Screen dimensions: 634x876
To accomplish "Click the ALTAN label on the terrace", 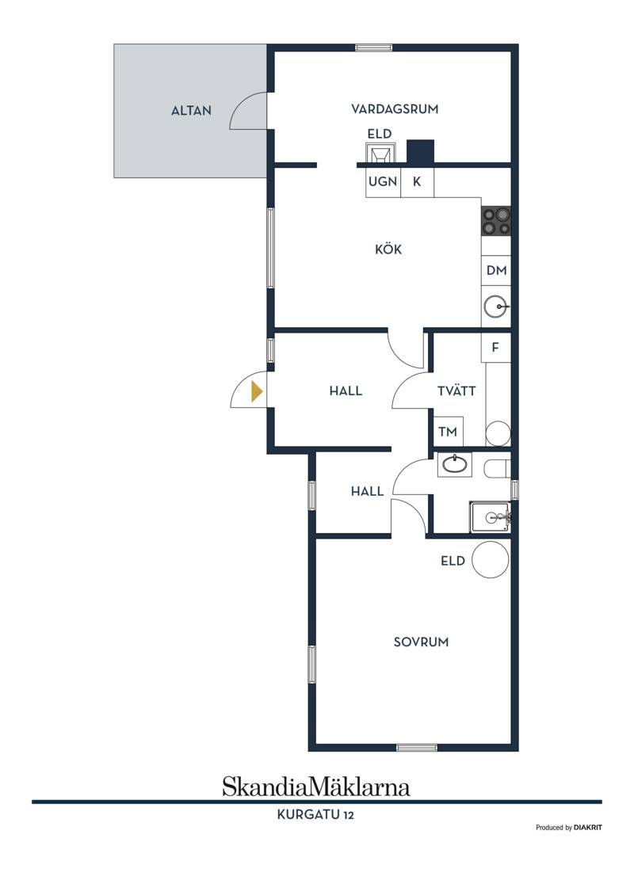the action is (191, 111).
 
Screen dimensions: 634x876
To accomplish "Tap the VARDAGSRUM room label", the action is (395, 109).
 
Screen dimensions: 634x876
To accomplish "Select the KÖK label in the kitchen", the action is (388, 249).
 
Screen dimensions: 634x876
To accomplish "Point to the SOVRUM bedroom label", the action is (421, 642).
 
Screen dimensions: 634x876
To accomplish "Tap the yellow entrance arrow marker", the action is (257, 391).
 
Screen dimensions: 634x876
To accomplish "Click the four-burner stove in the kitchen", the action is (496, 221).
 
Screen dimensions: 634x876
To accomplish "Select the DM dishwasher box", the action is (496, 270).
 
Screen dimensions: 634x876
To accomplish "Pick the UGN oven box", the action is (383, 181).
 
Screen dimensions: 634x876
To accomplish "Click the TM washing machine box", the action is (449, 432).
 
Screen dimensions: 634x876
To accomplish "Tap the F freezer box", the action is (496, 348).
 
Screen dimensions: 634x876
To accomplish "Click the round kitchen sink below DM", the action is (496, 307).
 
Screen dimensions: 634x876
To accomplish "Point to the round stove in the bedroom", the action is (491, 559).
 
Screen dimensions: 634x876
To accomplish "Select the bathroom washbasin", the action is (455, 464).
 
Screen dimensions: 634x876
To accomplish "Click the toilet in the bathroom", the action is (497, 469).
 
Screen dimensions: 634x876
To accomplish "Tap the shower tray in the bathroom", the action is (490, 517).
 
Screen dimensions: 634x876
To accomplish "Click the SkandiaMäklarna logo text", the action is (316, 786).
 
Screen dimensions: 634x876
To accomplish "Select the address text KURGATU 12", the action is (316, 814).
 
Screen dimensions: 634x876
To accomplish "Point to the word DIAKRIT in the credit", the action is (587, 828).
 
